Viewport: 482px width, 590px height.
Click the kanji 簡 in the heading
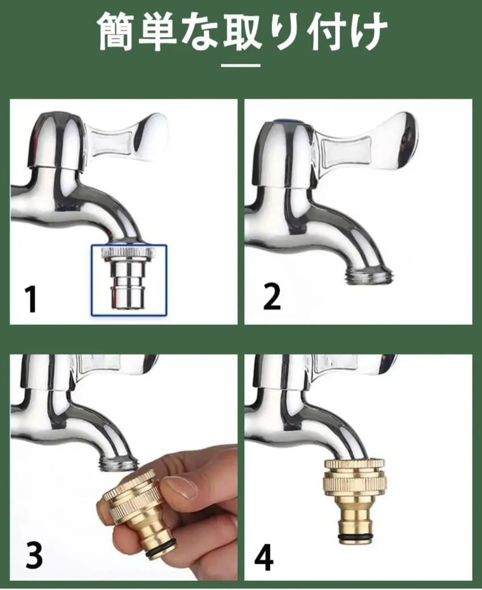pos(116,31)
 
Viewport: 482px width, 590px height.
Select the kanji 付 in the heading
pos(326,31)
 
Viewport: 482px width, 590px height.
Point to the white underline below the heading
pos(241,66)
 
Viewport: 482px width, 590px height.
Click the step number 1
pos(31,299)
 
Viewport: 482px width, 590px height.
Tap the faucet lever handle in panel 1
pos(129,137)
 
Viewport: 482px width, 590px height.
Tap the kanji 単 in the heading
pos(158,31)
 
